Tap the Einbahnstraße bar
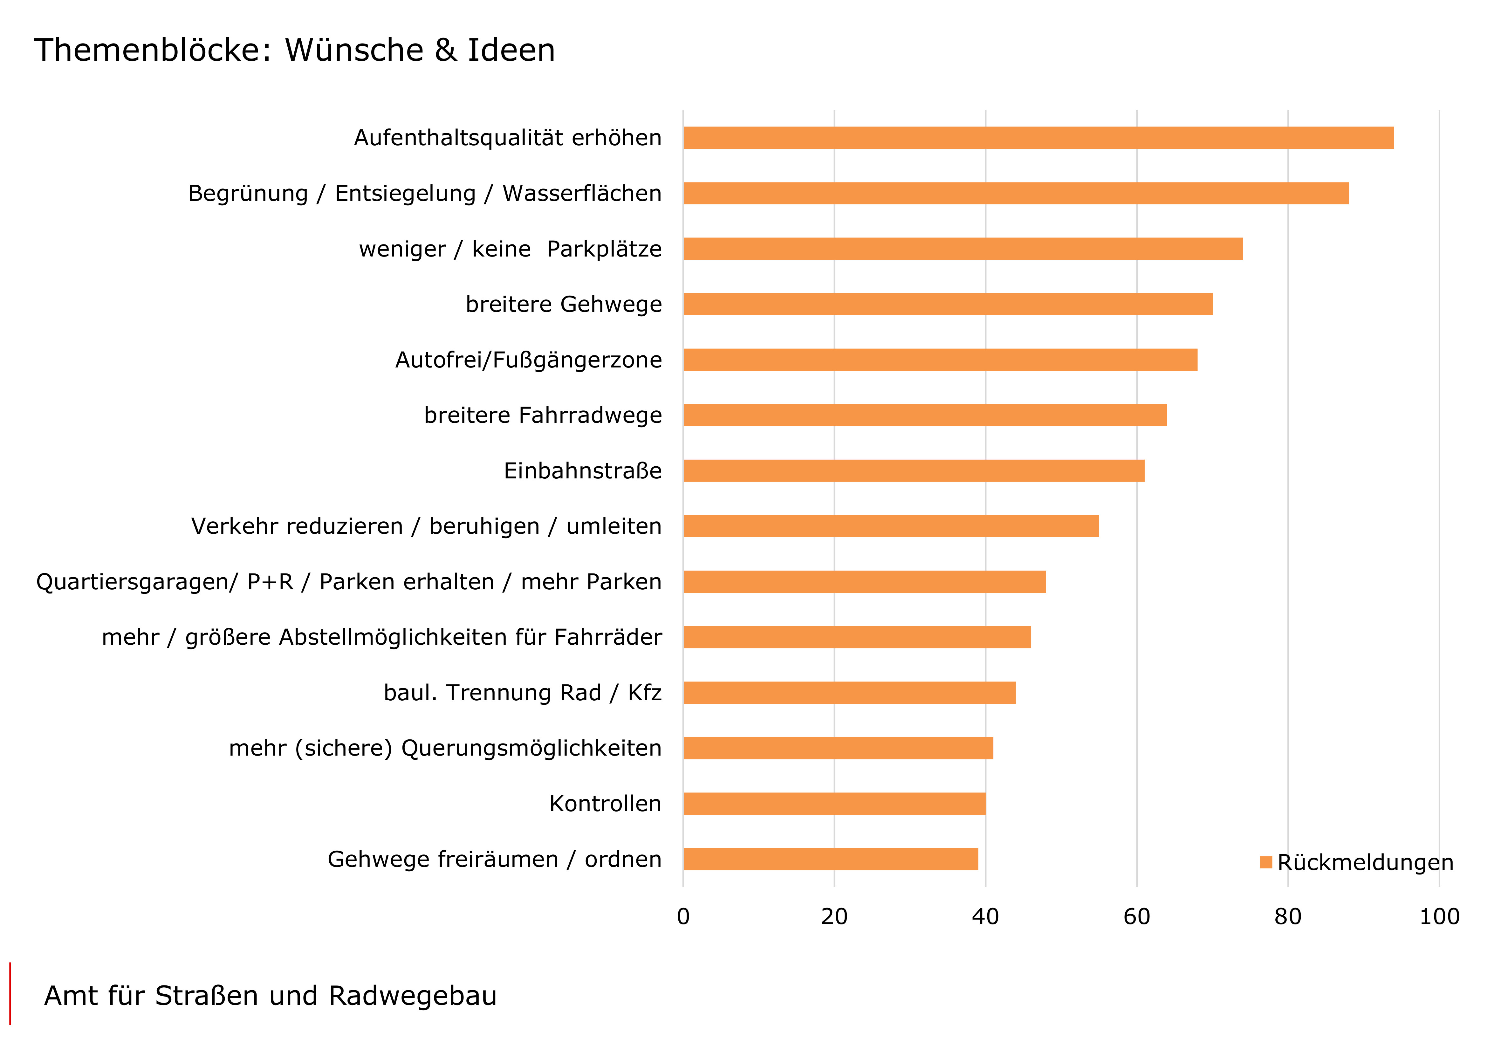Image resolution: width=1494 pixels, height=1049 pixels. pyautogui.click(x=914, y=470)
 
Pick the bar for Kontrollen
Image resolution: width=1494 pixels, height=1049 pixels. pyautogui.click(x=834, y=804)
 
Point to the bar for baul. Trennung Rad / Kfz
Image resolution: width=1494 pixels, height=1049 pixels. pyautogui.click(x=849, y=692)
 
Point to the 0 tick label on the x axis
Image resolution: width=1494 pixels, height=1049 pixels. pyautogui.click(x=683, y=916)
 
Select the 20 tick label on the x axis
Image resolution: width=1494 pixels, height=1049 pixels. pyautogui.click(x=834, y=916)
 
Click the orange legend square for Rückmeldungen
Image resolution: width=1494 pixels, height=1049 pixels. pyautogui.click(x=1265, y=862)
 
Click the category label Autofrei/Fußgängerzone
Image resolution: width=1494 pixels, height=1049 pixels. pyautogui.click(x=528, y=360)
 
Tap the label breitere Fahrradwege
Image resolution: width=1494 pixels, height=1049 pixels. pyautogui.click(x=543, y=415)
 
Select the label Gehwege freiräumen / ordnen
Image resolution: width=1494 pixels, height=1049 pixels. pyautogui.click(x=495, y=859)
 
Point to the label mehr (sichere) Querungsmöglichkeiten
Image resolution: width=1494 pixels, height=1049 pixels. pyautogui.click(x=445, y=748)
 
